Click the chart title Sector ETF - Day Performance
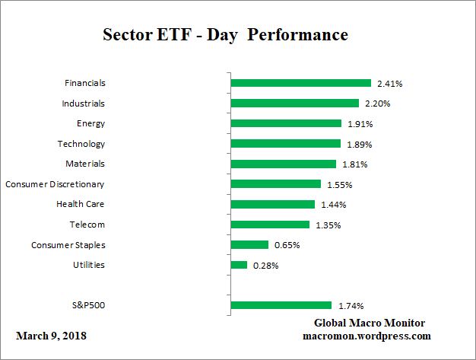pyautogui.click(x=225, y=35)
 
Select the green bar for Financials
pyautogui.click(x=300, y=83)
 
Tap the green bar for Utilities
pyautogui.click(x=239, y=265)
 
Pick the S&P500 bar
pyautogui.click(x=281, y=305)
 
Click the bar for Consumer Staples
pyautogui.click(x=249, y=245)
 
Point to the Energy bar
pyautogui.click(x=286, y=123)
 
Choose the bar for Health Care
pyautogui.click(x=272, y=204)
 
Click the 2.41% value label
pyautogui.click(x=389, y=83)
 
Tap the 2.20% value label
pyautogui.click(x=377, y=104)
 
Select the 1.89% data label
pyautogui.click(x=359, y=144)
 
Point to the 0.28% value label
pyautogui.click(x=265, y=265)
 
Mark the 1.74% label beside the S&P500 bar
pyautogui.click(x=350, y=305)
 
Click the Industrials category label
pyautogui.click(x=83, y=103)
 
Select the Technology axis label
pyautogui.click(x=81, y=144)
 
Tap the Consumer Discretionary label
pyautogui.click(x=55, y=184)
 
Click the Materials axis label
pyautogui.click(x=85, y=164)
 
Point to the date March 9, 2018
pyautogui.click(x=51, y=336)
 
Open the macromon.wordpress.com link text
pyautogui.click(x=368, y=336)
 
